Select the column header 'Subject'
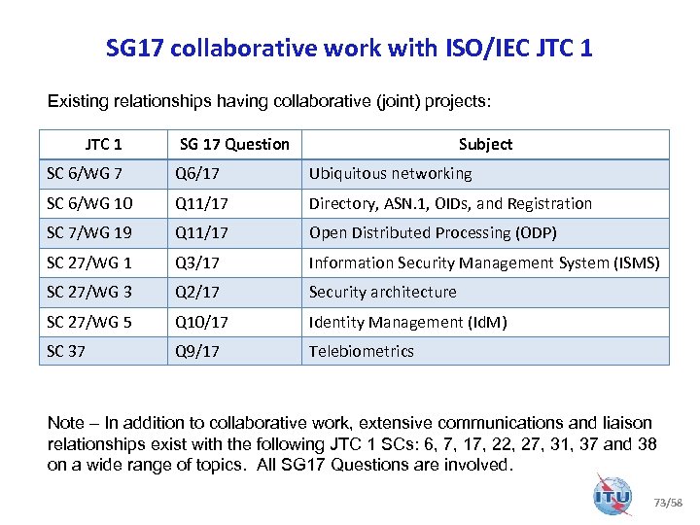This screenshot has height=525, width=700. tap(485, 144)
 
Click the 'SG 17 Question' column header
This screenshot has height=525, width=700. tap(234, 144)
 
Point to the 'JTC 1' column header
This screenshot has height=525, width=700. tap(103, 144)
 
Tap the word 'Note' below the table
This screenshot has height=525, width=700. tap(66, 423)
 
